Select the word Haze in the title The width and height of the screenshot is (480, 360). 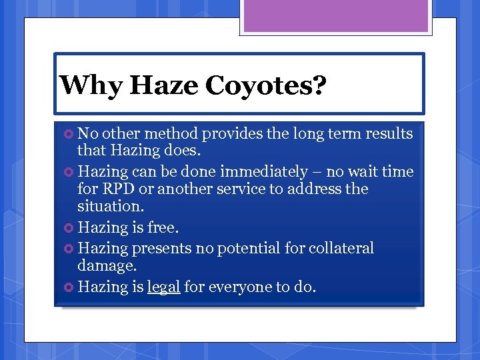(x=164, y=86)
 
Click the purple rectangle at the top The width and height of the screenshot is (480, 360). (x=335, y=16)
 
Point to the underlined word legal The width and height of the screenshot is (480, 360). (x=163, y=287)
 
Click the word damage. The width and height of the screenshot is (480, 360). (x=107, y=266)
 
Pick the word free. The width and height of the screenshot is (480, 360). (x=163, y=228)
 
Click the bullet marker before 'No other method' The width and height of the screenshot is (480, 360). (x=69, y=134)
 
